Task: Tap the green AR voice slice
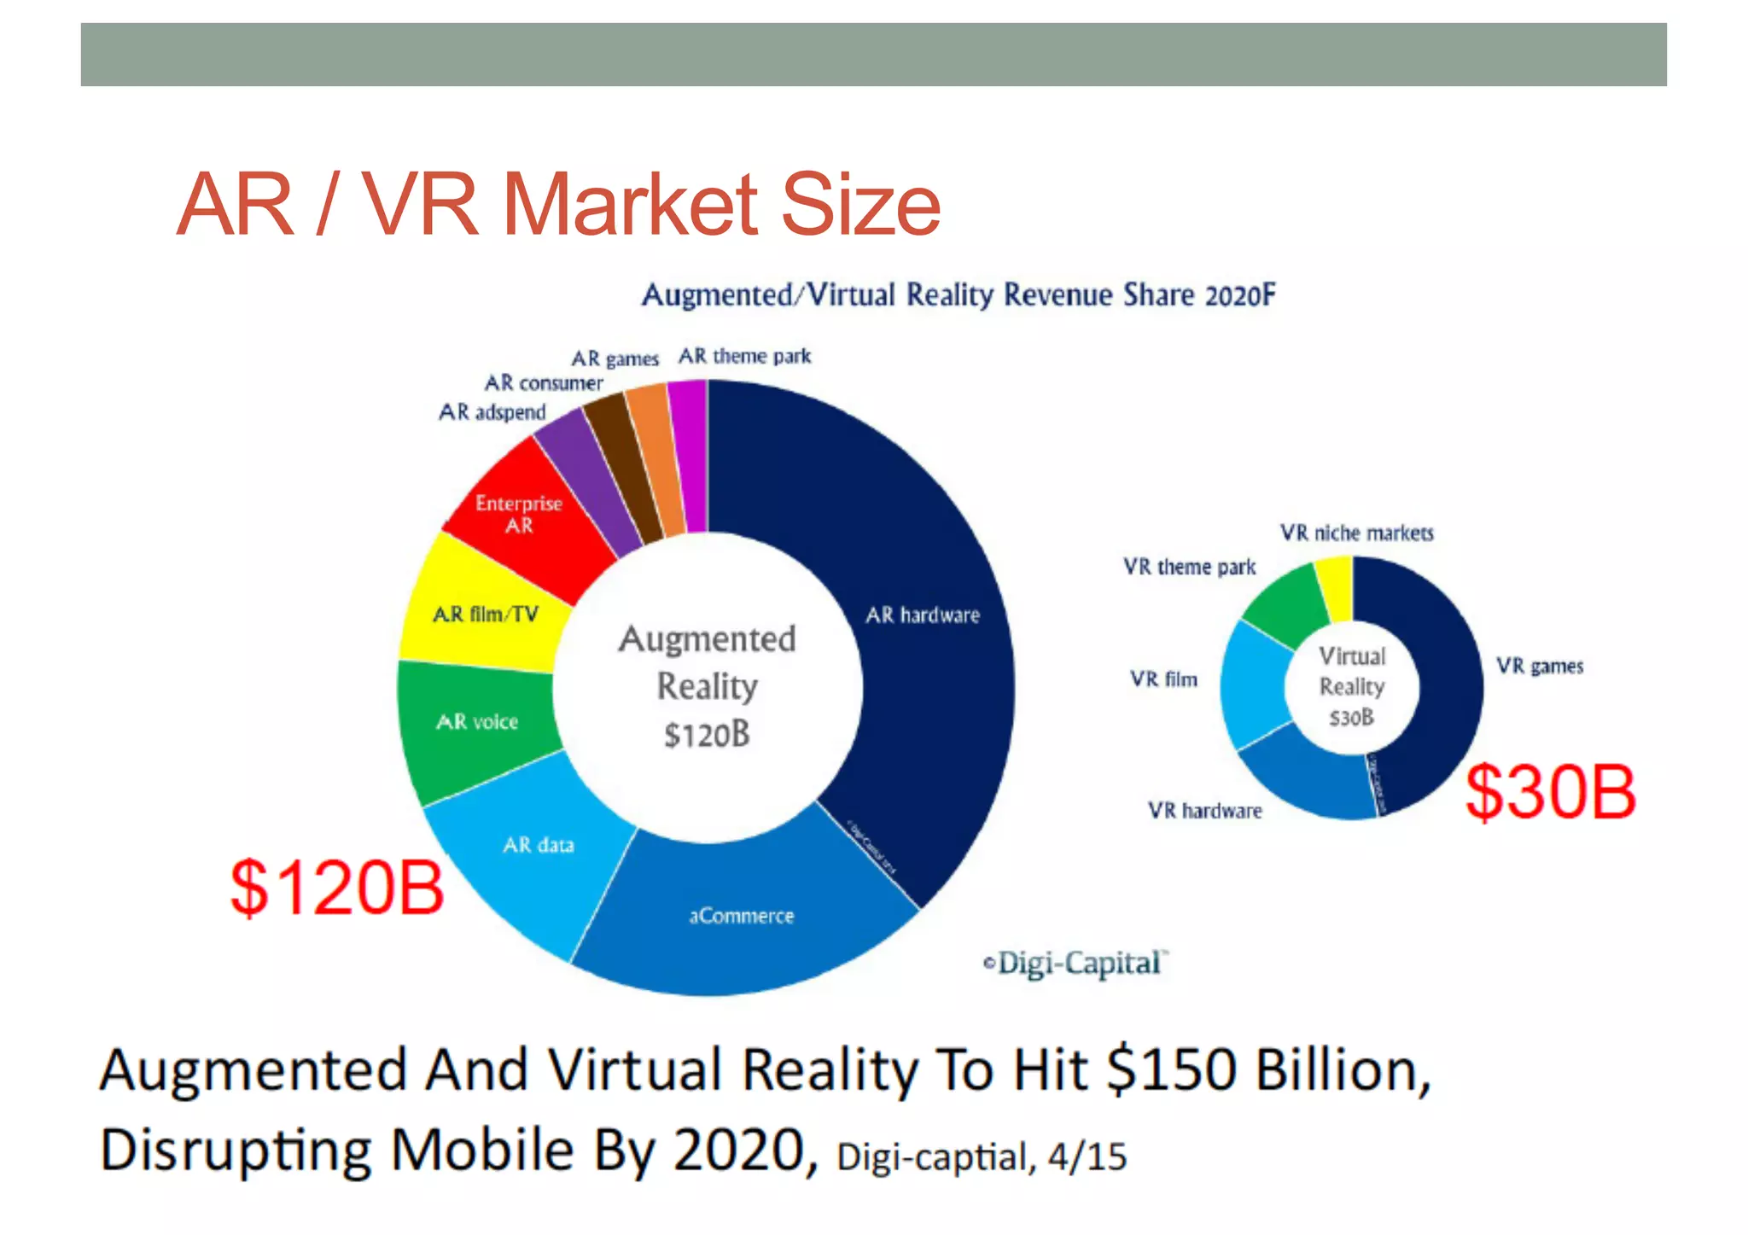(x=476, y=722)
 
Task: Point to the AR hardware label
(x=923, y=615)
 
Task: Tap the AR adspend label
(x=492, y=412)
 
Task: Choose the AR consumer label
(x=544, y=382)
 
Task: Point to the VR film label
(x=1164, y=679)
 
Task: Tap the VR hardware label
(x=1204, y=810)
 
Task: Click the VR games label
(x=1540, y=666)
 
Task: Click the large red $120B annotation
(x=337, y=888)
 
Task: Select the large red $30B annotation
(x=1550, y=792)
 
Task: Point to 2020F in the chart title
(x=1240, y=295)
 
